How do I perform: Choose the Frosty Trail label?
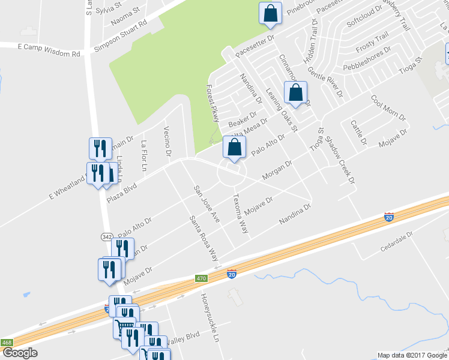point(373,44)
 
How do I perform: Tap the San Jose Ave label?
point(206,204)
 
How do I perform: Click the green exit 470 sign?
point(200,278)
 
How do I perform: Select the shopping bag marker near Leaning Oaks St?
point(295,93)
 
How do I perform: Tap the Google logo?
point(19,353)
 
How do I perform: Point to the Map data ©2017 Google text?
point(411,355)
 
